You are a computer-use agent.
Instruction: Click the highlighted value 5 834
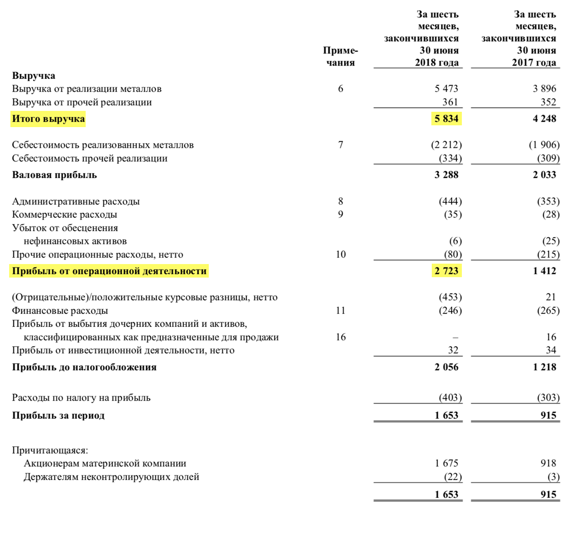coord(446,119)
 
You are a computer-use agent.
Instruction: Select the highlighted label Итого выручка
coord(48,119)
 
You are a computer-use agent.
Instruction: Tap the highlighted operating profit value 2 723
coord(446,271)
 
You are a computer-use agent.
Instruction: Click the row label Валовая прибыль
coord(55,175)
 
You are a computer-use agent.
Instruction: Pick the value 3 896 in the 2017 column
coord(544,89)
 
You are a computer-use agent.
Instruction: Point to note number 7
coord(341,145)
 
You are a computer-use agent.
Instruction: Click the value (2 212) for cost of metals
coord(446,145)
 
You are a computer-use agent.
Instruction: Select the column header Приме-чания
coord(341,56)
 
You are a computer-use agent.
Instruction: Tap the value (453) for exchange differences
coord(450,297)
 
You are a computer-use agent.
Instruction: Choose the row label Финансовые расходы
coord(60,311)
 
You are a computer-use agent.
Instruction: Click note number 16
coord(341,337)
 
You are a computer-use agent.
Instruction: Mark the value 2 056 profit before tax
coord(446,367)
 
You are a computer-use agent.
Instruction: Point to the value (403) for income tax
coord(450,398)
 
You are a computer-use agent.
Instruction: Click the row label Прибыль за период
coord(58,415)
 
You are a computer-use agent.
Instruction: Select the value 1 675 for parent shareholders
coord(446,463)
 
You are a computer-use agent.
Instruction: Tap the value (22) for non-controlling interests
coord(453,477)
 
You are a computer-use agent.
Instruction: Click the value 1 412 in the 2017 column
coord(544,271)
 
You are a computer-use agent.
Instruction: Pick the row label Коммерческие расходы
coord(65,214)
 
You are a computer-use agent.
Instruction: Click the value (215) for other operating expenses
coord(548,255)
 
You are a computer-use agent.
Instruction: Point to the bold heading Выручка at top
coord(33,76)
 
